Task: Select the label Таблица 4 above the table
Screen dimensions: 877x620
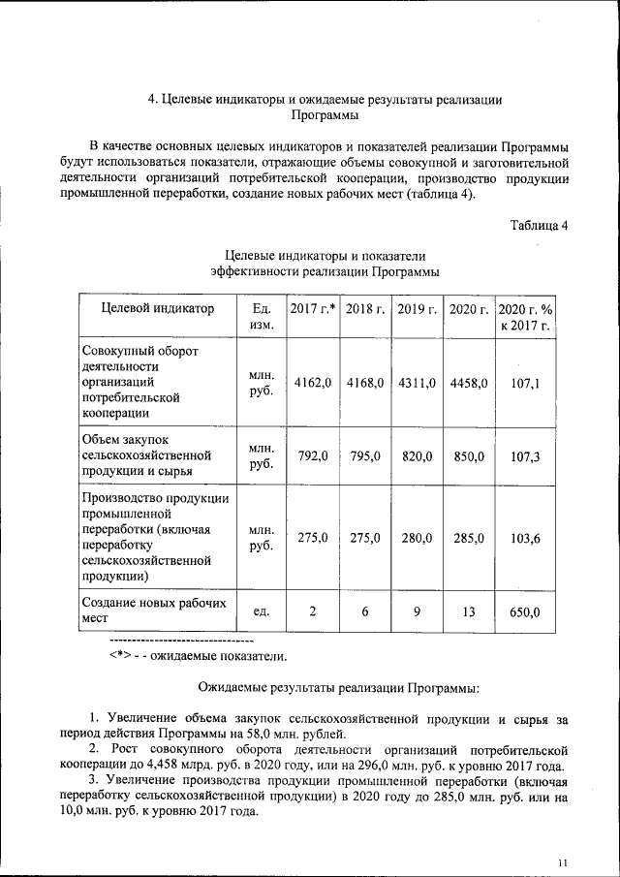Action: click(x=540, y=226)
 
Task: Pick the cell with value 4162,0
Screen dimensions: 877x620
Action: click(x=313, y=383)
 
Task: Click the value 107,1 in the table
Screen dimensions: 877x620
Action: click(x=525, y=383)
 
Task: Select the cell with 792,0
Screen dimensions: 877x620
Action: click(x=313, y=456)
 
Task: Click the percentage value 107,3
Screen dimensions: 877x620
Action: click(x=525, y=456)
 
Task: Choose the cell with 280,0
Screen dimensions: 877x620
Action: click(x=417, y=538)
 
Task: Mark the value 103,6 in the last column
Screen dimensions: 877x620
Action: click(x=525, y=538)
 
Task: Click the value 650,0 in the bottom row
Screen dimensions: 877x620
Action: click(x=525, y=611)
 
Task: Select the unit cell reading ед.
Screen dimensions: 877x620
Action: click(x=261, y=611)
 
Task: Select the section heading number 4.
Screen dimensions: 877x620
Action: click(x=151, y=99)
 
